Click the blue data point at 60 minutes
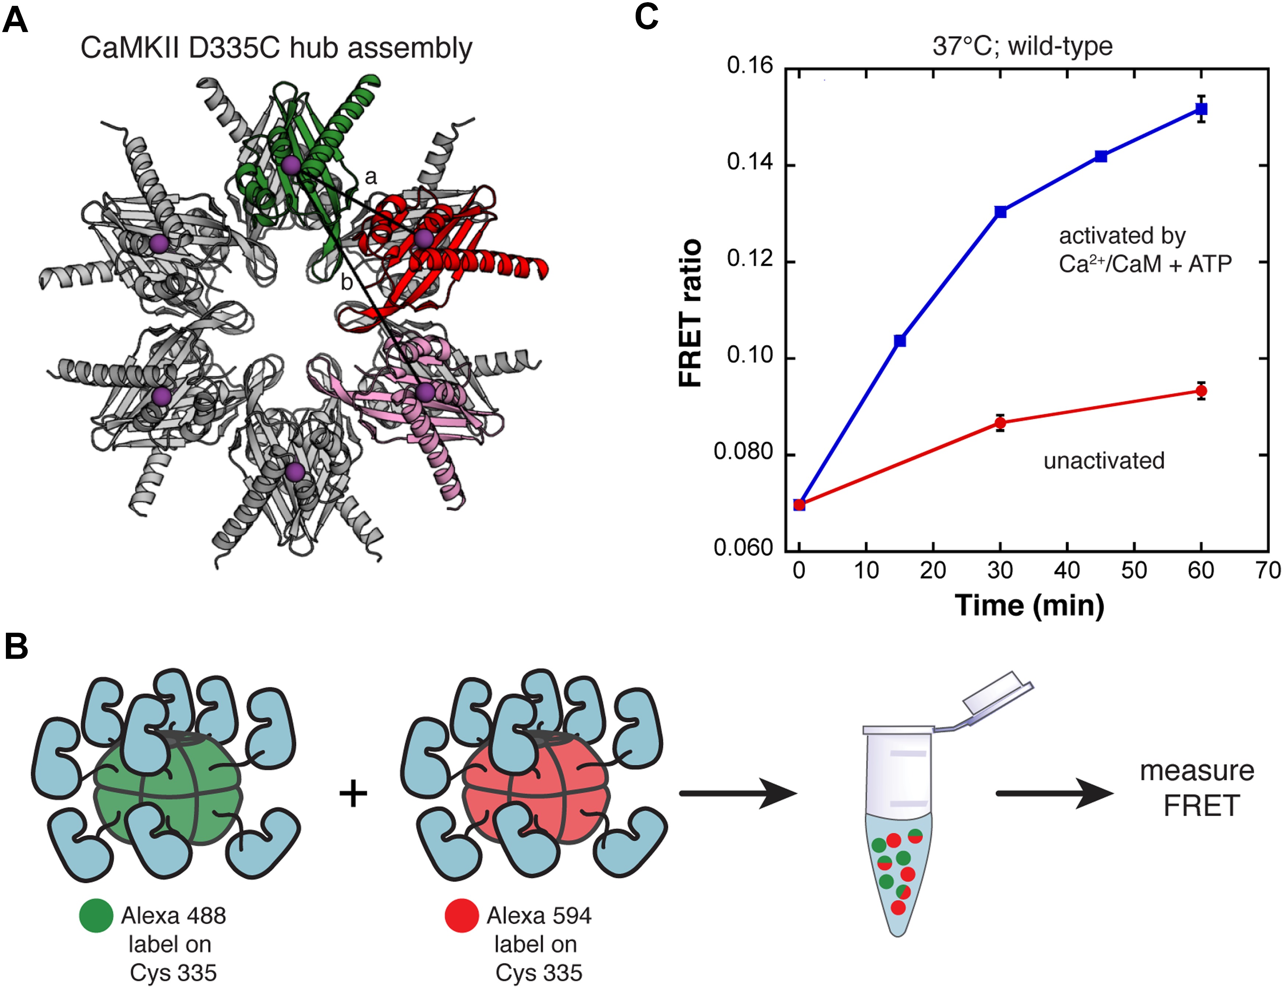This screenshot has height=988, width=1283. (x=1201, y=109)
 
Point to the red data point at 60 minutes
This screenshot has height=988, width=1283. (x=1201, y=391)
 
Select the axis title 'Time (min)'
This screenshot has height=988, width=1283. (x=1029, y=605)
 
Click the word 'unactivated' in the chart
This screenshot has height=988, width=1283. (x=1104, y=461)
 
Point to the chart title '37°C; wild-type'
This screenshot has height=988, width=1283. (x=1022, y=46)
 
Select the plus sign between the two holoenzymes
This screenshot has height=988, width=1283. (x=353, y=794)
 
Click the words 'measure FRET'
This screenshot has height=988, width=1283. (x=1197, y=788)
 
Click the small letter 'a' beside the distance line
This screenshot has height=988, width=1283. (x=371, y=176)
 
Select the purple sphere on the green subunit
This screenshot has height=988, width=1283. (x=291, y=166)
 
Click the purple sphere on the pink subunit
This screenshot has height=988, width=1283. (x=425, y=392)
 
